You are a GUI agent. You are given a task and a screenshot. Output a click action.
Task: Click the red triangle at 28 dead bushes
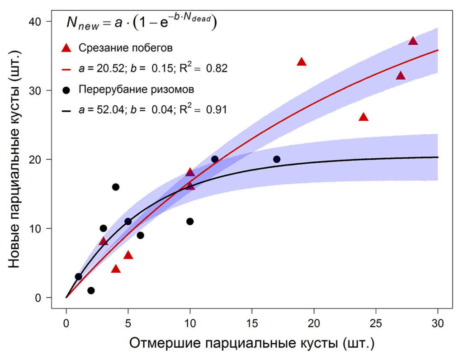pos(413,41)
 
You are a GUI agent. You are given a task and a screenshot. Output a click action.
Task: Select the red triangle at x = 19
pos(302,62)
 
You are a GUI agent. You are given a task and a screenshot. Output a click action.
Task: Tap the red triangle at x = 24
pos(364,117)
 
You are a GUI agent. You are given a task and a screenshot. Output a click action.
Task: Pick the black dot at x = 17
pos(277,159)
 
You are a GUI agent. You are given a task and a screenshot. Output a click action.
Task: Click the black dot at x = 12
pos(215,159)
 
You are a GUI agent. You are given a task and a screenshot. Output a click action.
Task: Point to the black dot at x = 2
pos(91,290)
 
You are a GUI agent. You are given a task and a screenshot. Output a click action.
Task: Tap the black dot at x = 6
pos(140,235)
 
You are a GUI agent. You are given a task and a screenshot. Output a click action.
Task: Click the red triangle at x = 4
pos(116,269)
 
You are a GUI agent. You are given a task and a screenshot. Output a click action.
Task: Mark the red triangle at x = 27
pos(401,76)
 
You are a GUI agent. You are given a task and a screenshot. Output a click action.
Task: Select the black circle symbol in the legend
pos(66,90)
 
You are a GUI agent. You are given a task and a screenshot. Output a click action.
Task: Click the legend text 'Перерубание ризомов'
pos(137,90)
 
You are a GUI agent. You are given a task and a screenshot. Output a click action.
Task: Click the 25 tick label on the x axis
pos(376,324)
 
